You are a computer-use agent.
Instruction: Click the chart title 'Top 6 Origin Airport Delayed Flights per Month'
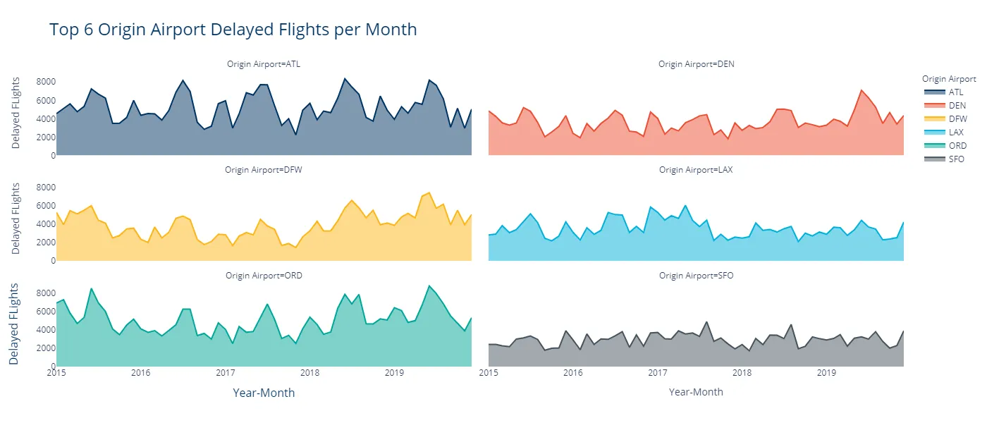tap(233, 30)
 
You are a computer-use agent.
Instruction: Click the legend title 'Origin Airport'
tap(948, 79)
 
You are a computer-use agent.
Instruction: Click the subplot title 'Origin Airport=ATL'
tap(264, 64)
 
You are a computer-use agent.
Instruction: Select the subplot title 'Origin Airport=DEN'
tap(696, 64)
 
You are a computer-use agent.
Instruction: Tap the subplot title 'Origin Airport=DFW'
tap(264, 170)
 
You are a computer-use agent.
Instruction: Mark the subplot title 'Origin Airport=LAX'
tap(696, 170)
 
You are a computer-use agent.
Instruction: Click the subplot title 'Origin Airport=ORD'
tap(264, 276)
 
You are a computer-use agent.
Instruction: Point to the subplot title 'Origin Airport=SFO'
tap(696, 276)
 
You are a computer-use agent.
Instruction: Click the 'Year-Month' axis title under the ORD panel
tap(264, 393)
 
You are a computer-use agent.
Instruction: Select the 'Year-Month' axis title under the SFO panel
tap(696, 392)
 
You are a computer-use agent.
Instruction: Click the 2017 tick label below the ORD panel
tap(226, 372)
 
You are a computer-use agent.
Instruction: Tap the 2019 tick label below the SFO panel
tap(826, 372)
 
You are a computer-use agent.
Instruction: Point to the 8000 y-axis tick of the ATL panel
tap(44, 82)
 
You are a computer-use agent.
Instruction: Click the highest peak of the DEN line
tap(862, 90)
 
